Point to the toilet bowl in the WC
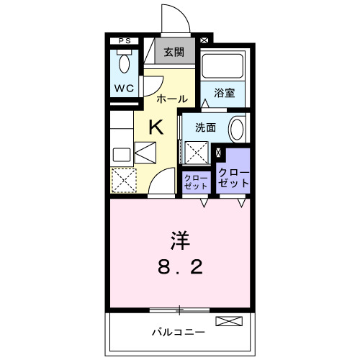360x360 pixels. tap(124, 64)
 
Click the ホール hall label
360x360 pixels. tap(171, 98)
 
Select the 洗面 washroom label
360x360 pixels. tap(204, 127)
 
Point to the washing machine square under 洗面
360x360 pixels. tap(197, 153)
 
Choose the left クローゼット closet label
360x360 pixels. tap(196, 181)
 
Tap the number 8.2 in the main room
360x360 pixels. tap(180, 267)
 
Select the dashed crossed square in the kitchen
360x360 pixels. tap(124, 179)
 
